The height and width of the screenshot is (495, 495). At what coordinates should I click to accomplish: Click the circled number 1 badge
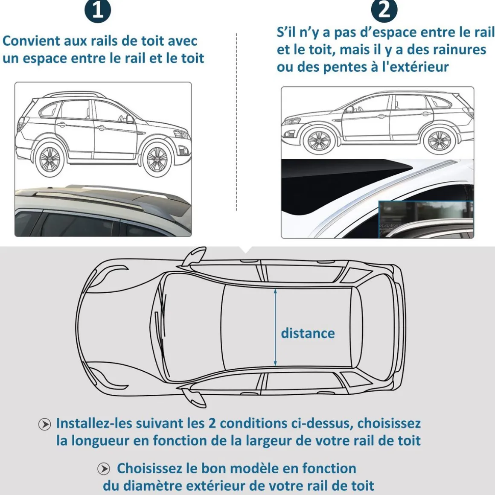click(x=98, y=10)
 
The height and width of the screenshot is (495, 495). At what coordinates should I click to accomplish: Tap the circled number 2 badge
click(x=384, y=9)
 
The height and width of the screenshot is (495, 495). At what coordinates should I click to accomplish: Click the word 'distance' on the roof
click(x=308, y=333)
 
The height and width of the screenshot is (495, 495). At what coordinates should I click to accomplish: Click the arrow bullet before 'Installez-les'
click(x=44, y=424)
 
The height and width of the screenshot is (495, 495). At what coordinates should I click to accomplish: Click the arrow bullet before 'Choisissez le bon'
click(x=104, y=469)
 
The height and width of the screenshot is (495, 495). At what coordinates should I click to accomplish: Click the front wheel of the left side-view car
click(x=157, y=158)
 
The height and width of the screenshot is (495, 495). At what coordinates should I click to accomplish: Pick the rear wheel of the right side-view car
click(x=439, y=140)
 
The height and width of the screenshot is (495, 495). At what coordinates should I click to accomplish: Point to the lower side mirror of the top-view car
click(x=193, y=396)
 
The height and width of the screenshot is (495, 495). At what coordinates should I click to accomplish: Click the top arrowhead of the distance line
click(x=275, y=291)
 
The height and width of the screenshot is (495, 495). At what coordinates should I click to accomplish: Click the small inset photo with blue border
click(x=426, y=219)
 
